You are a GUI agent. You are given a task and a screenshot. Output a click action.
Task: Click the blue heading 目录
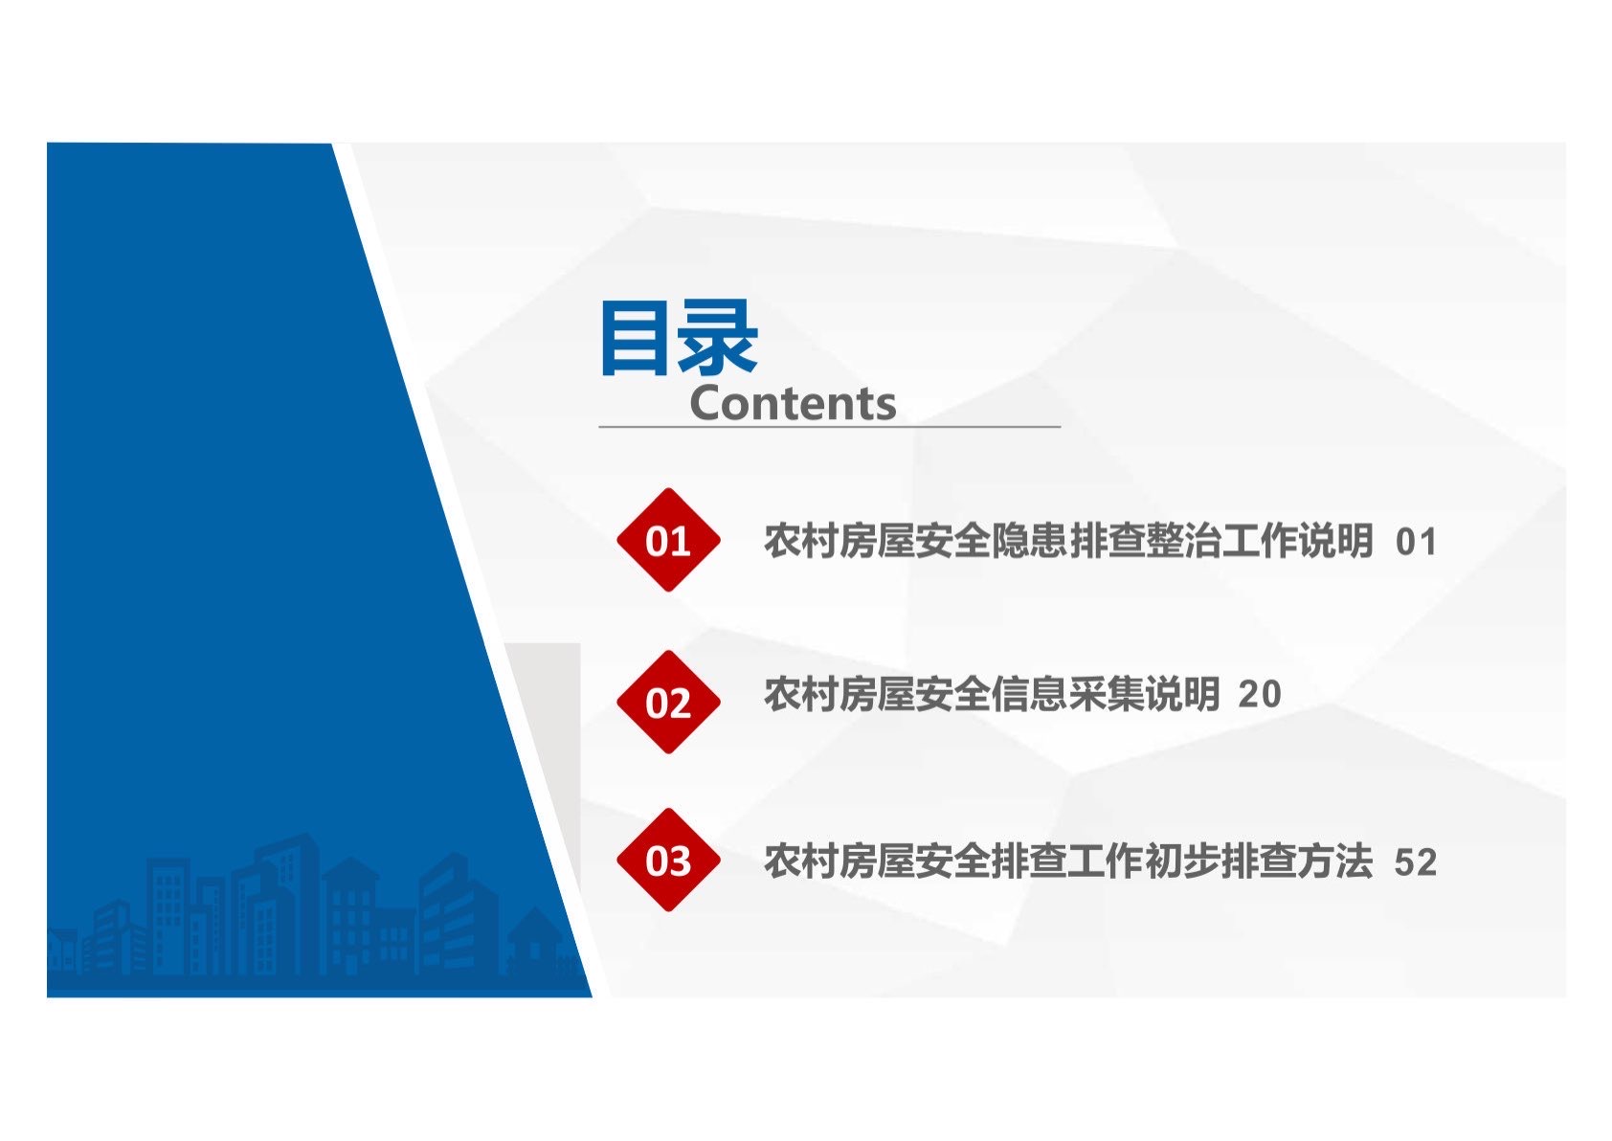(680, 338)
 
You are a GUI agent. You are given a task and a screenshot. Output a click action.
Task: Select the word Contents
(793, 403)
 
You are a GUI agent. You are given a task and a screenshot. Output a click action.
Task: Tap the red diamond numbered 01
(668, 540)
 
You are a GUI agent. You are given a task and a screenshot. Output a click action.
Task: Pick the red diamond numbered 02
(668, 703)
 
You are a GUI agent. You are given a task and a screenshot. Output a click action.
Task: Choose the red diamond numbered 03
(668, 860)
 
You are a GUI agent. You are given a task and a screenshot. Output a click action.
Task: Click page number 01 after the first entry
(1416, 542)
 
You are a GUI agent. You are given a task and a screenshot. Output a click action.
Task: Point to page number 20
(1260, 694)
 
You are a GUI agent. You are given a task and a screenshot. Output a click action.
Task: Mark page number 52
(1416, 861)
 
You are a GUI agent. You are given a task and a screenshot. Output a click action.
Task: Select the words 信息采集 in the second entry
(1067, 694)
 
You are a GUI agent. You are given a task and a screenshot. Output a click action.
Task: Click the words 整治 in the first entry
(1181, 541)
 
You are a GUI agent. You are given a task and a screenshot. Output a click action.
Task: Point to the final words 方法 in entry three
(1334, 861)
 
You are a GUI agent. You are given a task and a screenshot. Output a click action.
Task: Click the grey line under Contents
(830, 427)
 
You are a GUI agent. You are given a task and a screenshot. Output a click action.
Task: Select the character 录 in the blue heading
(719, 338)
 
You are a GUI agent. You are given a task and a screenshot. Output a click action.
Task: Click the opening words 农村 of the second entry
(801, 694)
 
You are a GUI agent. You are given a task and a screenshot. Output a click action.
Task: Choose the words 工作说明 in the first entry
(1296, 541)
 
